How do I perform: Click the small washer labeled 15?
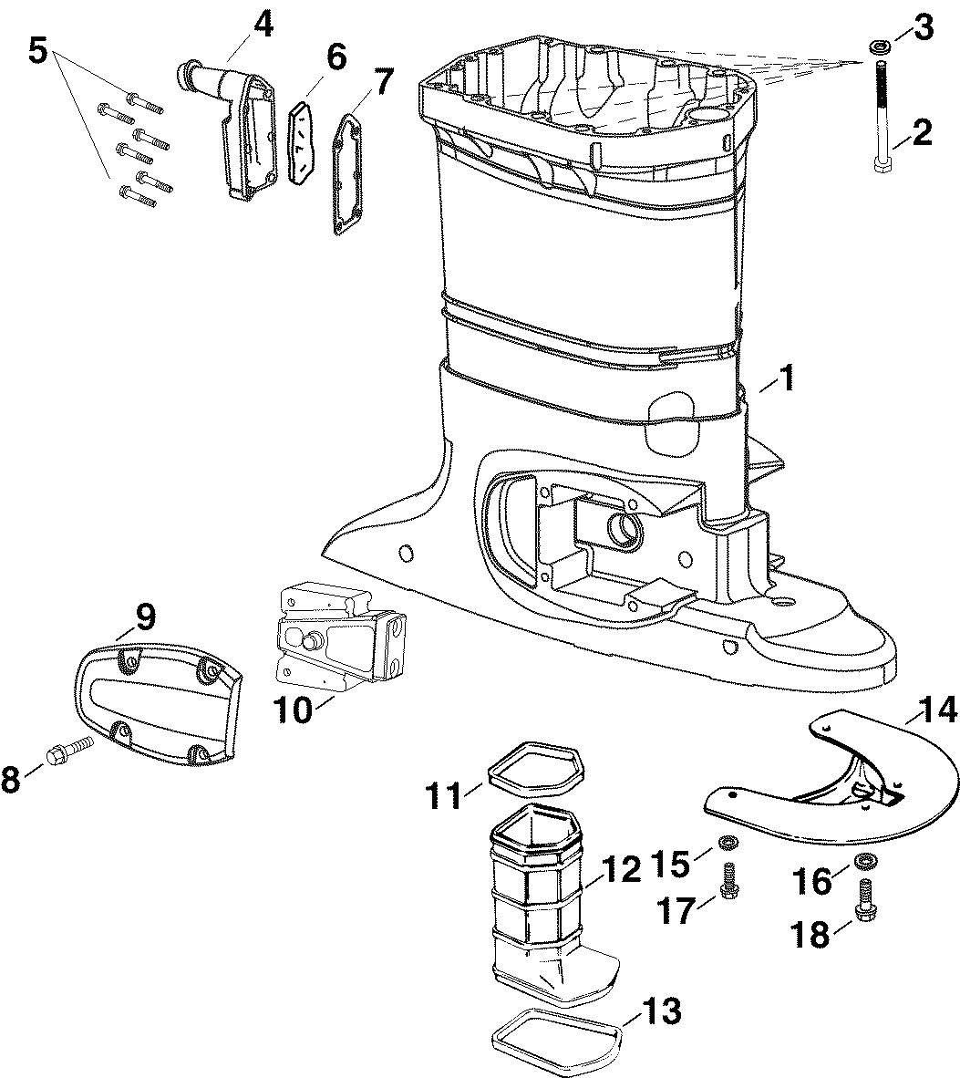click(x=725, y=842)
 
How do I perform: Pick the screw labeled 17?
click(x=727, y=878)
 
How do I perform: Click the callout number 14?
click(x=936, y=710)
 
